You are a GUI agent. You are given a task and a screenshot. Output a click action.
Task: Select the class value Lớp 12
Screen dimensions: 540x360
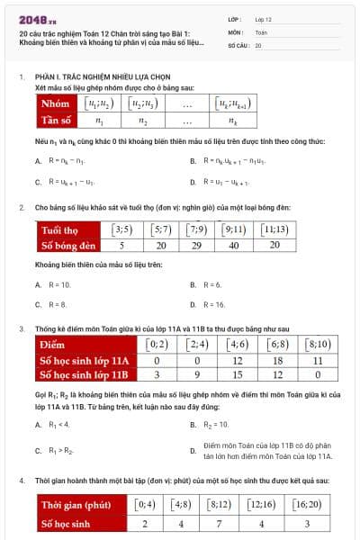263,18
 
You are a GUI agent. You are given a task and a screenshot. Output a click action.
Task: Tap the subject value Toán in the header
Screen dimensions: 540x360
261,31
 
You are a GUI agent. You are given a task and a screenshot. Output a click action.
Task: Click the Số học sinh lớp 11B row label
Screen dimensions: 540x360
86,374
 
